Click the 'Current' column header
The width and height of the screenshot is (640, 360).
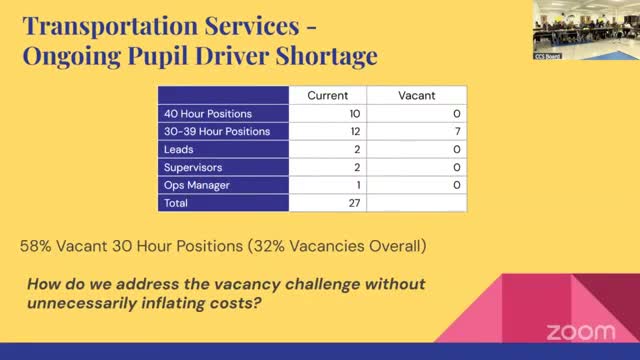[x=328, y=95]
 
